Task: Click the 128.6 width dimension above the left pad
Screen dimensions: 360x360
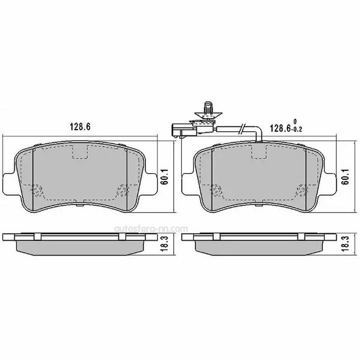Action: pos(80,127)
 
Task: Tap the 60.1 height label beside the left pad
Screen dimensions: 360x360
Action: pos(165,177)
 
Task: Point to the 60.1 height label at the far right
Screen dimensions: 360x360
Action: pos(345,177)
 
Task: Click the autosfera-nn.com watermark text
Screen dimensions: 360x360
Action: pos(151,229)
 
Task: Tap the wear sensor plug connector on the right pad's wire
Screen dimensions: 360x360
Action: pos(184,130)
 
